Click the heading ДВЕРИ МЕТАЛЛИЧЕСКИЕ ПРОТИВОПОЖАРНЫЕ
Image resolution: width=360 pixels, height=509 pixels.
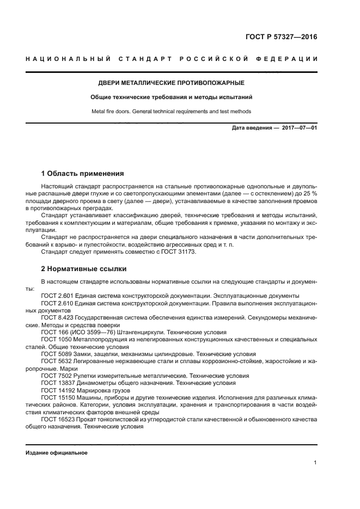171,83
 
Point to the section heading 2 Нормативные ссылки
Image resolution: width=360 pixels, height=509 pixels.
83,269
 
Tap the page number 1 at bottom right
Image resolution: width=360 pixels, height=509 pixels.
315,463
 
